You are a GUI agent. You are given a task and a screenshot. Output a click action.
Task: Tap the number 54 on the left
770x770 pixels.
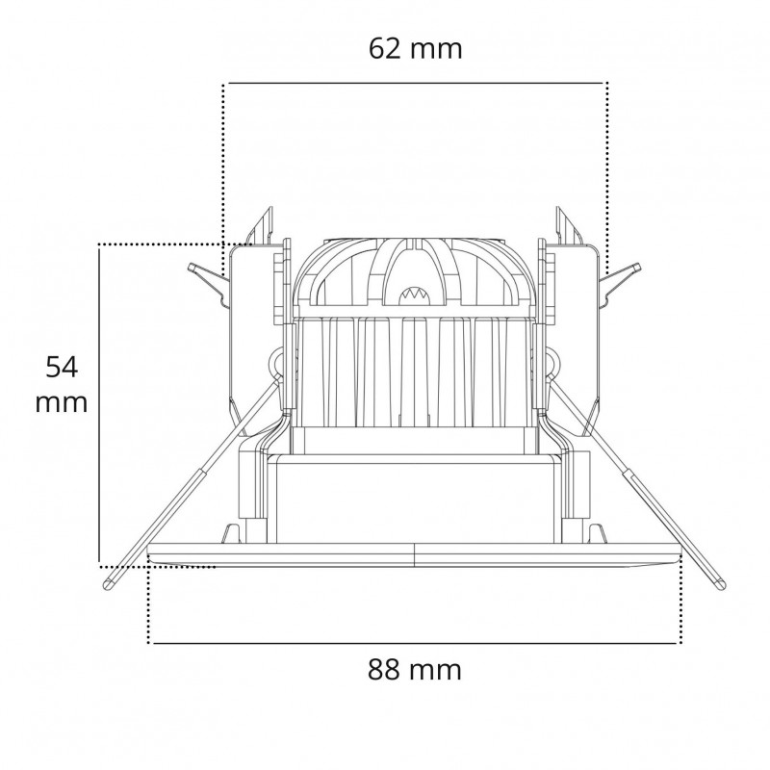(63, 366)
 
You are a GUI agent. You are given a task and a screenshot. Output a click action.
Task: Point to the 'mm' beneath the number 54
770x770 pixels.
(62, 402)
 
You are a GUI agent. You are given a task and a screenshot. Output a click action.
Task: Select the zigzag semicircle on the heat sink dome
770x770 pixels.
(415, 292)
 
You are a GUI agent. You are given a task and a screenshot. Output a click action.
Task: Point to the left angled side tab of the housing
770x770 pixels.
(207, 280)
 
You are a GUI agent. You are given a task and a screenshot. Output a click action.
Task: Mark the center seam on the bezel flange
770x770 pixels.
(414, 554)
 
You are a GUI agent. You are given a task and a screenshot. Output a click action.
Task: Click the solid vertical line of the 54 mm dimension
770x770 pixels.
(99, 404)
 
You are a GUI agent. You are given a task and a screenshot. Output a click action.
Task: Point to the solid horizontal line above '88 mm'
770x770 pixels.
(414, 643)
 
